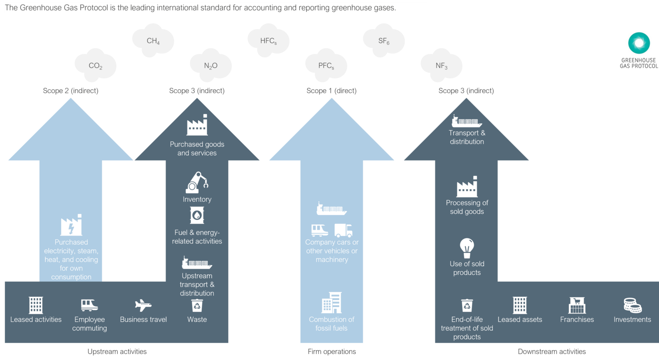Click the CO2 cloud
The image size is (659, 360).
pos(96,65)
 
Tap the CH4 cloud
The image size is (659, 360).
pos(153,40)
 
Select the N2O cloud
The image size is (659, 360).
pos(210,65)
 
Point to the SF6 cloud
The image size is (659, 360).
pos(383,40)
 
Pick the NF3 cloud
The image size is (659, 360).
pos(441,65)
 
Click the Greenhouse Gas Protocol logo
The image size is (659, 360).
pos(639,49)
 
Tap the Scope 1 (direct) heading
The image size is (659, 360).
pos(332,91)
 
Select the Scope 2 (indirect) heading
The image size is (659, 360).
pos(71,91)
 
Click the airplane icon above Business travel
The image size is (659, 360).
pos(143,306)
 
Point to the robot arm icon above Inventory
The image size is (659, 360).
pos(197,182)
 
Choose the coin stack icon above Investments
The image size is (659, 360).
pos(632,306)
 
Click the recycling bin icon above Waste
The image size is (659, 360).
pos(197,306)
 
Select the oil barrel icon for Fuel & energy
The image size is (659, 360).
pos(197,215)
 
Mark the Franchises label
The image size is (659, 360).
pos(577,319)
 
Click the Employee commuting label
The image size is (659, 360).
pos(89,324)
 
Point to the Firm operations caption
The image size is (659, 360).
pos(332,351)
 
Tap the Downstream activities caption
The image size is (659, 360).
pos(552,351)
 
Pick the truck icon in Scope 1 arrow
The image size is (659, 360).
pos(344,231)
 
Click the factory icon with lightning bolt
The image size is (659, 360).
pos(71,225)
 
